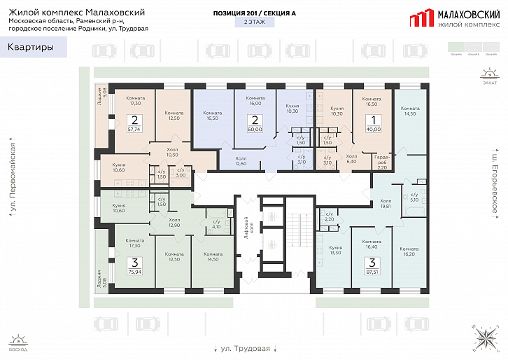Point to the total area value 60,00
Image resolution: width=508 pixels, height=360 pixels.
click(x=255, y=130)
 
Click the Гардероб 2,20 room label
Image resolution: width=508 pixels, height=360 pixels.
click(x=383, y=162)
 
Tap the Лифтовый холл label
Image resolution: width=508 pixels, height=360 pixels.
click(x=246, y=230)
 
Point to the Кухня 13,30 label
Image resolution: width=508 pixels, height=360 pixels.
click(x=335, y=250)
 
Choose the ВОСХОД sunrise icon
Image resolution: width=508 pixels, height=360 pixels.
click(x=19, y=342)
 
